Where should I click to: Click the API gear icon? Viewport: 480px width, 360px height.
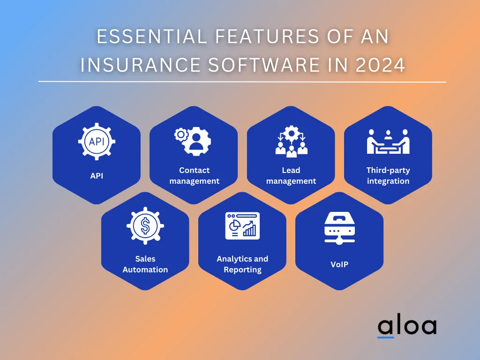tap(97, 141)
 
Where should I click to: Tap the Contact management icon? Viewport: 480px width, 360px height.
tap(193, 141)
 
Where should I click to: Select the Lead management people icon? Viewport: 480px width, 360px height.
tap(291, 141)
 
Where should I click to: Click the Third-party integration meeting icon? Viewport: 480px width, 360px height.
tap(388, 142)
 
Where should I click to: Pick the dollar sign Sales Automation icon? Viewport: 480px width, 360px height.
tap(145, 227)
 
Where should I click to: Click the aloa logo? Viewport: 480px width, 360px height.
tap(406, 327)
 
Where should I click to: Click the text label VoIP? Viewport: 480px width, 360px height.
tap(339, 264)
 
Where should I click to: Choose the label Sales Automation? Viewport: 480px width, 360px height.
tap(145, 264)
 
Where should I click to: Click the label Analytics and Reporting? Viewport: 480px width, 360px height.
tap(242, 264)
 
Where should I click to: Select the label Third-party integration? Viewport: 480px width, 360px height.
tap(388, 175)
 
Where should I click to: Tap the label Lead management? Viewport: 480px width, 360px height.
tap(291, 175)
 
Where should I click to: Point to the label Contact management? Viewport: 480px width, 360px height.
tap(194, 175)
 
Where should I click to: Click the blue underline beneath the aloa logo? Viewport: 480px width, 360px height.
tap(386, 337)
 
